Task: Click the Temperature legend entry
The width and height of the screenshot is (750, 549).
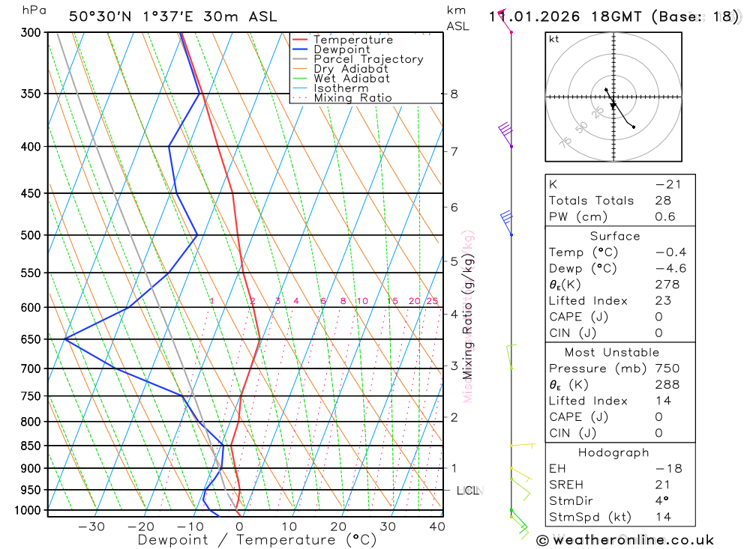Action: (352, 40)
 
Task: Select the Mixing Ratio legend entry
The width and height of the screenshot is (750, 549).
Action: (352, 98)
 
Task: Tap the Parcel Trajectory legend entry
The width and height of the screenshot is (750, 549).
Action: (368, 59)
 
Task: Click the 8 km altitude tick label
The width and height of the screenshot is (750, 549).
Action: (454, 94)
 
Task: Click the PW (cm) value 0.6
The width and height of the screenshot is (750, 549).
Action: (665, 216)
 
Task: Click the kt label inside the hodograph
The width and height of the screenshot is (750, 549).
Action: (554, 39)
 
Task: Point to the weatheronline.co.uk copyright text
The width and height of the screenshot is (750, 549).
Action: (625, 540)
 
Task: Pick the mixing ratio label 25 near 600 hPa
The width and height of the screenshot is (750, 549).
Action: (432, 301)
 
